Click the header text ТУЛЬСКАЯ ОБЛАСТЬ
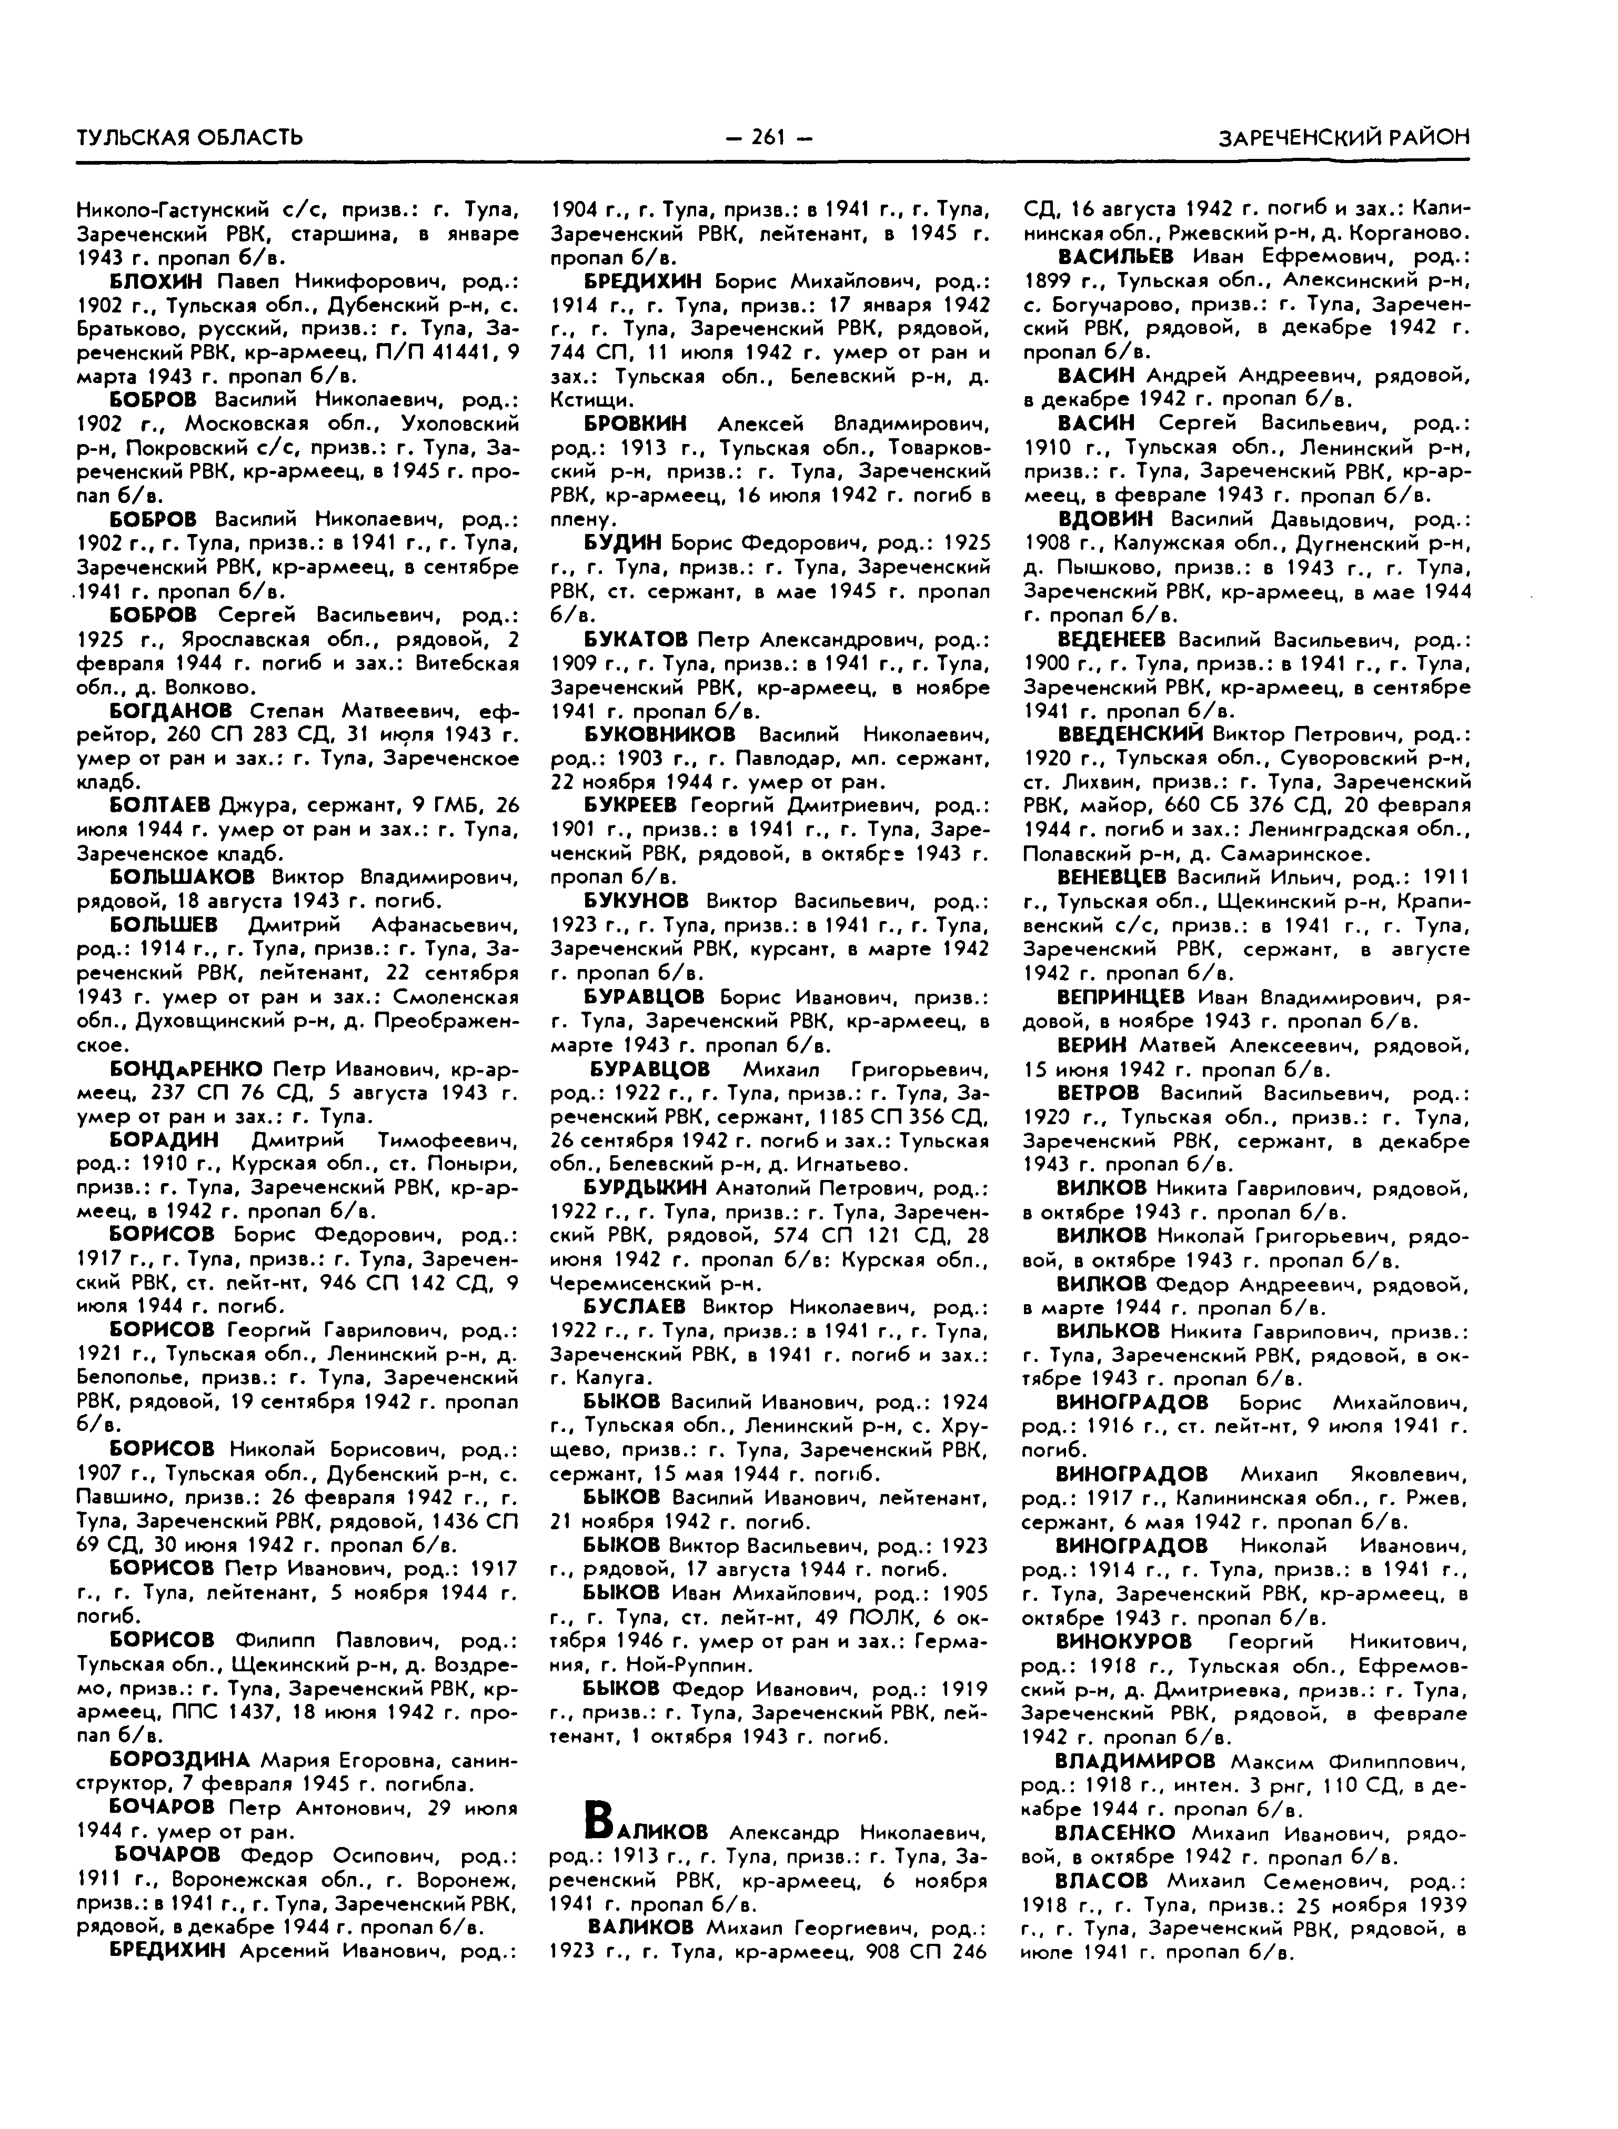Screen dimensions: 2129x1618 (190, 138)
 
